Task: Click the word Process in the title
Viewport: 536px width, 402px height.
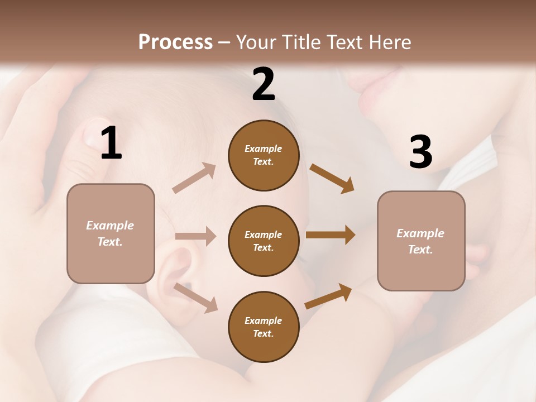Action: tap(175, 42)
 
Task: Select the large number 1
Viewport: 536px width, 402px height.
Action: tap(111, 144)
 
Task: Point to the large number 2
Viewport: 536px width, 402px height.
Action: tap(264, 84)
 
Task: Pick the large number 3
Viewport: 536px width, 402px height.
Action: tap(420, 152)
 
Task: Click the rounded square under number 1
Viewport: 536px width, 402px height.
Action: tap(111, 233)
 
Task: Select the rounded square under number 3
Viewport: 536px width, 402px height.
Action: tap(421, 241)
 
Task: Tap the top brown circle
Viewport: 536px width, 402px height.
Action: tap(264, 155)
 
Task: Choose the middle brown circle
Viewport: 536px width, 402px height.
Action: tap(264, 241)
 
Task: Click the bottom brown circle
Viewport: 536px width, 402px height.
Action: tap(264, 327)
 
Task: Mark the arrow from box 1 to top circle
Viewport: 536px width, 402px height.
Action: tap(194, 178)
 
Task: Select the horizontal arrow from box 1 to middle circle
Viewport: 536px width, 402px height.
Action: tap(195, 236)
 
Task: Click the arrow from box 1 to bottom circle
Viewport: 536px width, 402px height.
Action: tap(195, 298)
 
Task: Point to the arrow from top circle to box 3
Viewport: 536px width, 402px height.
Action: tap(332, 178)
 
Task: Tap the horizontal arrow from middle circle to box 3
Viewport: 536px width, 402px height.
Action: tap(331, 235)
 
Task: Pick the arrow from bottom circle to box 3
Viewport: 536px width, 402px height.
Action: tap(328, 296)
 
